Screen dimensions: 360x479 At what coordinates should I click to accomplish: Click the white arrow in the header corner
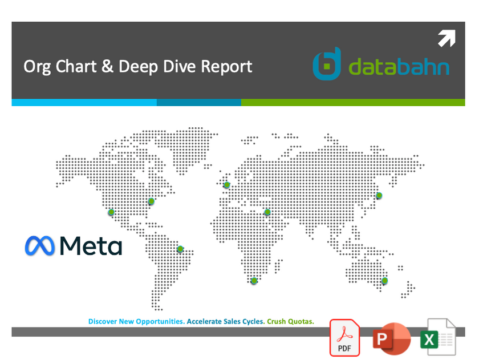[x=446, y=38]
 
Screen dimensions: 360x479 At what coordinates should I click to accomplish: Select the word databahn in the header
[x=399, y=67]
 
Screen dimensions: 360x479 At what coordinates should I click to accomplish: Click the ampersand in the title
[x=107, y=66]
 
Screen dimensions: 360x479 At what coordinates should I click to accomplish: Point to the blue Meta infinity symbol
[x=39, y=245]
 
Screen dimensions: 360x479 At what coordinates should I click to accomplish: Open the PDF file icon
[x=344, y=338]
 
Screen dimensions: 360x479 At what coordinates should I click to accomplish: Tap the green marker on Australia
[x=384, y=281]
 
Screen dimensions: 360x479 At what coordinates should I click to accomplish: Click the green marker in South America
[x=180, y=249]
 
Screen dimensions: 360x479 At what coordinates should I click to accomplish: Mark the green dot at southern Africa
[x=254, y=281]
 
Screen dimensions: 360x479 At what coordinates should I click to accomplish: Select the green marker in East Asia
[x=378, y=196]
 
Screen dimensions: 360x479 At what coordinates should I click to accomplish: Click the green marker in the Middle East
[x=267, y=213]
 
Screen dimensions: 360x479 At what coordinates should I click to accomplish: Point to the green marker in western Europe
[x=226, y=185]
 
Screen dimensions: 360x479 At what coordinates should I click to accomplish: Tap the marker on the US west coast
[x=112, y=212]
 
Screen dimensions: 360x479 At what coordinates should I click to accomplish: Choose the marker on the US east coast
[x=151, y=201]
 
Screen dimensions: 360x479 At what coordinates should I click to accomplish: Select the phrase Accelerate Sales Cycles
[x=226, y=322]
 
